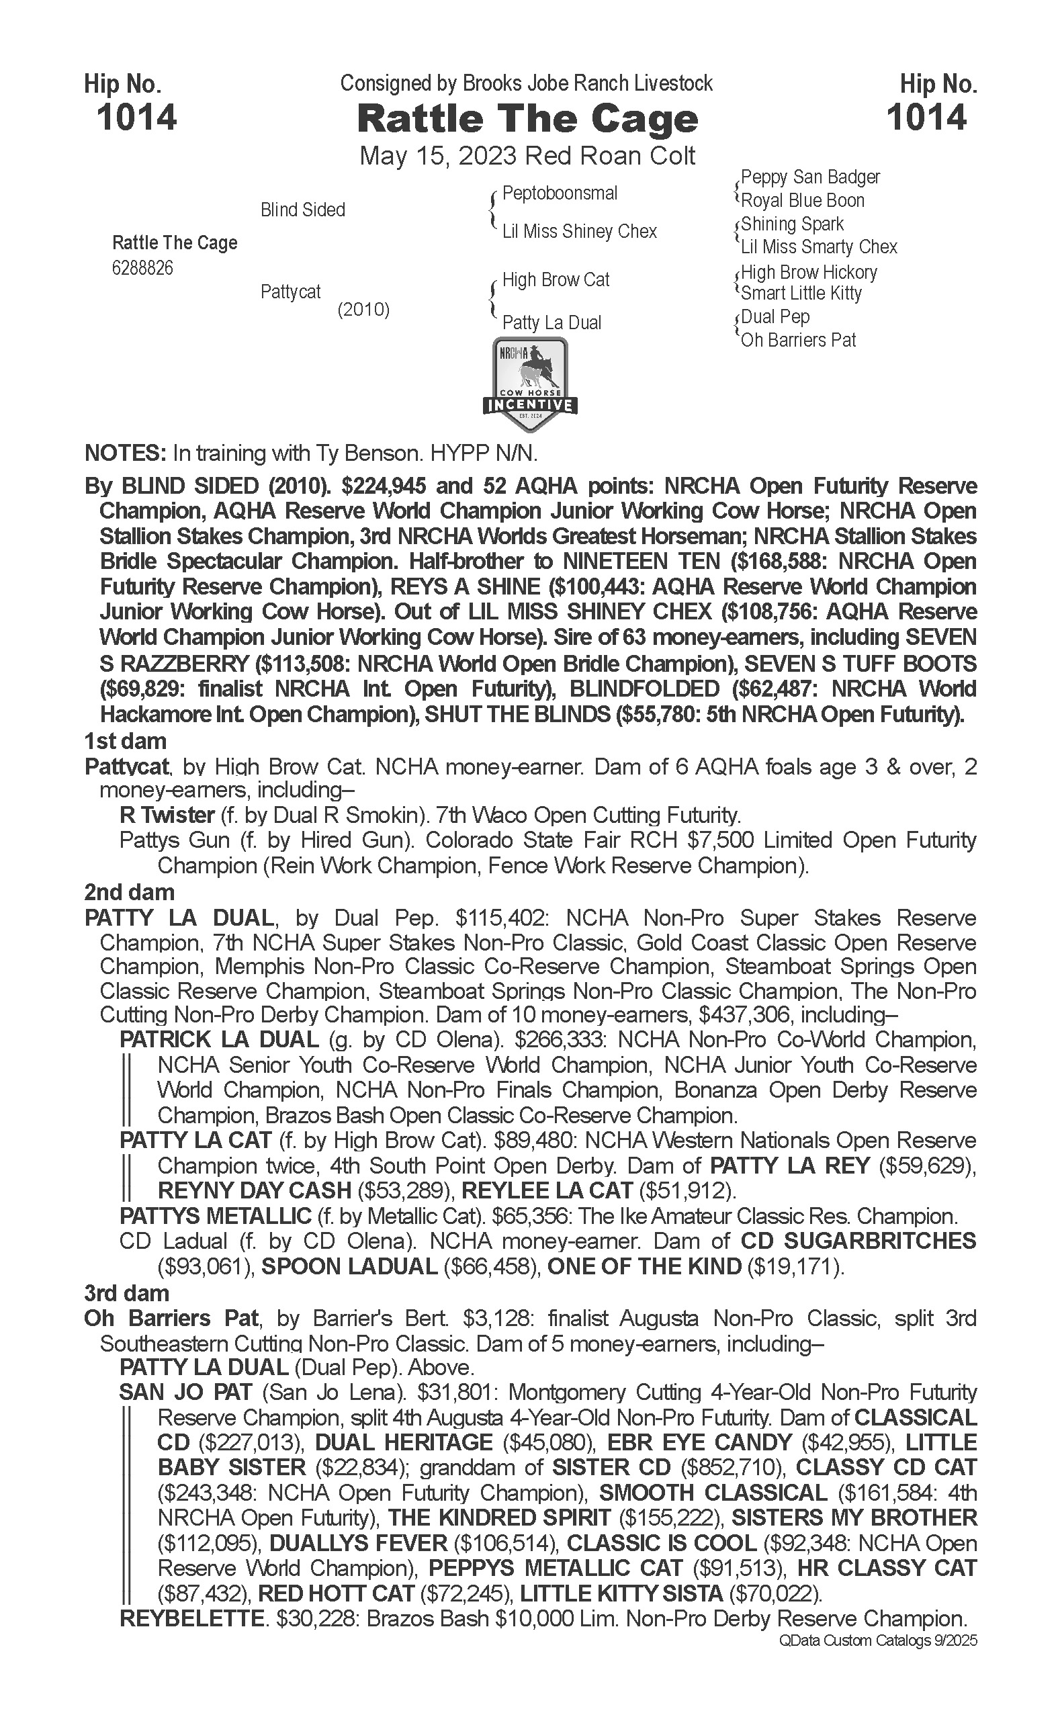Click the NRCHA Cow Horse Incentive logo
point(530,385)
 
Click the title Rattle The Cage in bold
point(527,120)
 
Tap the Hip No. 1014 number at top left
point(136,117)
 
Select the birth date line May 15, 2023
point(527,155)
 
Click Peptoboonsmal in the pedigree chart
point(560,193)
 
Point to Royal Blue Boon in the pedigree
point(803,201)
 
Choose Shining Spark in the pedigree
point(792,224)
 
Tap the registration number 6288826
point(142,268)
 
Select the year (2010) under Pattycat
point(363,309)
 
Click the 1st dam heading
point(125,741)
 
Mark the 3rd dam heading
point(127,1292)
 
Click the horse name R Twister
point(167,816)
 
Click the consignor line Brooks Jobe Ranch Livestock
point(587,84)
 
